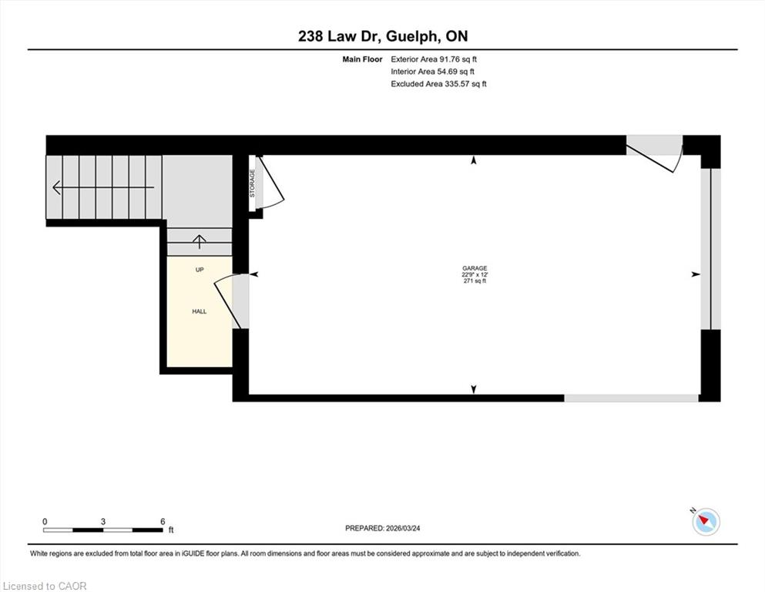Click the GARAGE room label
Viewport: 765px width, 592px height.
coord(475,268)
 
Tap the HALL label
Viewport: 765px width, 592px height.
coord(199,311)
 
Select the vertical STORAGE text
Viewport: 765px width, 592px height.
coord(252,183)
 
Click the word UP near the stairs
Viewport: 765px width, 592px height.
coord(199,269)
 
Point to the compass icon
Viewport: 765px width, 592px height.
coord(706,521)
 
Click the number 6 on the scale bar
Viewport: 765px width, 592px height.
coord(163,521)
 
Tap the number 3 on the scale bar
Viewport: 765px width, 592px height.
coord(103,521)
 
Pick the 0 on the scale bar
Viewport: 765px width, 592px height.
coord(45,521)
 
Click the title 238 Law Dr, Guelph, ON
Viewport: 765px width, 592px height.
coord(383,36)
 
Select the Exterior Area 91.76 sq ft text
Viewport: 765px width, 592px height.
coord(434,59)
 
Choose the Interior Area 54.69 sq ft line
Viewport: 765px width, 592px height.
coord(432,71)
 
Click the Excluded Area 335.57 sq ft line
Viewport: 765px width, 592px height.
coord(438,83)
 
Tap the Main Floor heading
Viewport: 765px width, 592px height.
coord(362,59)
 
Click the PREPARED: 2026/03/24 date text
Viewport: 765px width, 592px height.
coord(382,528)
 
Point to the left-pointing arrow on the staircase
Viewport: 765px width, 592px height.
coord(103,187)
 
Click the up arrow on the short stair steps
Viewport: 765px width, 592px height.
coord(199,241)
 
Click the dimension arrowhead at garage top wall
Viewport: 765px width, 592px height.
coord(473,160)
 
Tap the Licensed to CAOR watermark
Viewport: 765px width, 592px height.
coord(45,586)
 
